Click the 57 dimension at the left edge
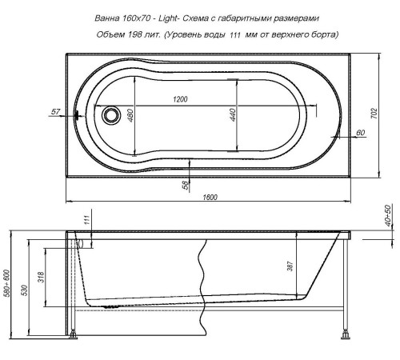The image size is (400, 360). (x=54, y=112)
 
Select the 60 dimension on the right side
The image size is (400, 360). (x=361, y=132)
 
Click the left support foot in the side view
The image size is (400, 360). (x=74, y=329)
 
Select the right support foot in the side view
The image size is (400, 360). (x=348, y=329)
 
